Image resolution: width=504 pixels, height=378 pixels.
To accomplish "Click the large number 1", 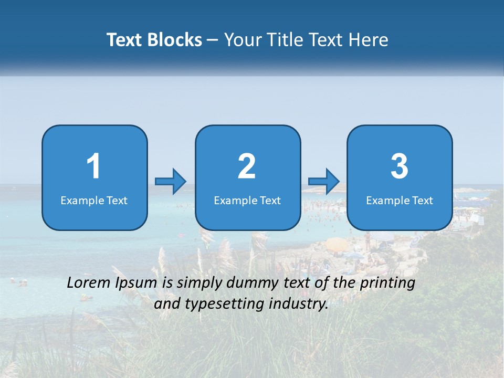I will [x=93, y=166].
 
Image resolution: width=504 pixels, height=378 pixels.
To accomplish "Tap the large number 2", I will [x=247, y=166].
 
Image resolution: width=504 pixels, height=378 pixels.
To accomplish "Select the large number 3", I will [x=400, y=166].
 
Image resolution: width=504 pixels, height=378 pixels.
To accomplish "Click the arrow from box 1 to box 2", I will [x=171, y=182].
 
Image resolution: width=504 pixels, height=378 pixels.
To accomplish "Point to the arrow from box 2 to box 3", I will [x=324, y=182].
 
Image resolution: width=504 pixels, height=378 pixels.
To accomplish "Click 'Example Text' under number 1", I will [x=94, y=201].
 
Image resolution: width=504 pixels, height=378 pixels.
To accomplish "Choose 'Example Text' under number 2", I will [x=247, y=201].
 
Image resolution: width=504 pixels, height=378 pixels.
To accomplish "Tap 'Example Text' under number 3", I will [x=400, y=201].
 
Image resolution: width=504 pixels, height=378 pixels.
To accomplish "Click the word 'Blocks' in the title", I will [x=175, y=40].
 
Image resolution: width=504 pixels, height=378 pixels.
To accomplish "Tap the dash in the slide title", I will [x=213, y=40].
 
